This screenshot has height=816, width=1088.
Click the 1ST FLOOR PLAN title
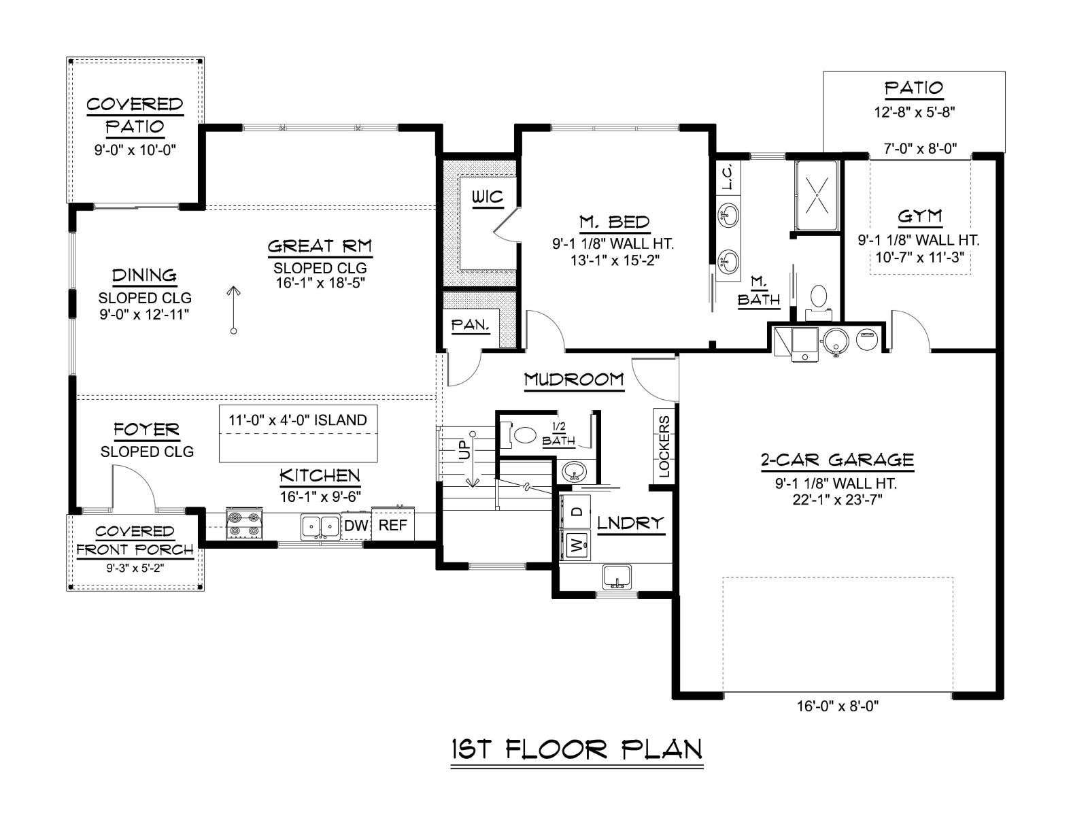point(577,749)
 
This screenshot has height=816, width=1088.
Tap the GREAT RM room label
point(320,245)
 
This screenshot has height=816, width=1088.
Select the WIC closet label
point(488,197)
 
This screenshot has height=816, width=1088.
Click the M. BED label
point(614,222)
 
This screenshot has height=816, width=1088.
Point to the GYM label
point(920,216)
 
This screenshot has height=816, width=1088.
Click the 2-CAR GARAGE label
point(837,460)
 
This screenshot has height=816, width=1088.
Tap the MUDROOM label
point(574,379)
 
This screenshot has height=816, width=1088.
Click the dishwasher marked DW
point(356,525)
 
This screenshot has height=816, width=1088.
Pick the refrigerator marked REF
point(392,524)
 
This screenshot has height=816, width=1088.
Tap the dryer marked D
point(575,511)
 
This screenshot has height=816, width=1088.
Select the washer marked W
point(575,545)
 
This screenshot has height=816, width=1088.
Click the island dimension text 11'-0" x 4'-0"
point(297,420)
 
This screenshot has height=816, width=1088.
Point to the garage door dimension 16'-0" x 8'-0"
point(838,706)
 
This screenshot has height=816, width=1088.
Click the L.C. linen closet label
point(727,176)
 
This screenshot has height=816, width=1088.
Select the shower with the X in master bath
point(817,196)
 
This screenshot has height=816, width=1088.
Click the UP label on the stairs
point(464,452)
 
